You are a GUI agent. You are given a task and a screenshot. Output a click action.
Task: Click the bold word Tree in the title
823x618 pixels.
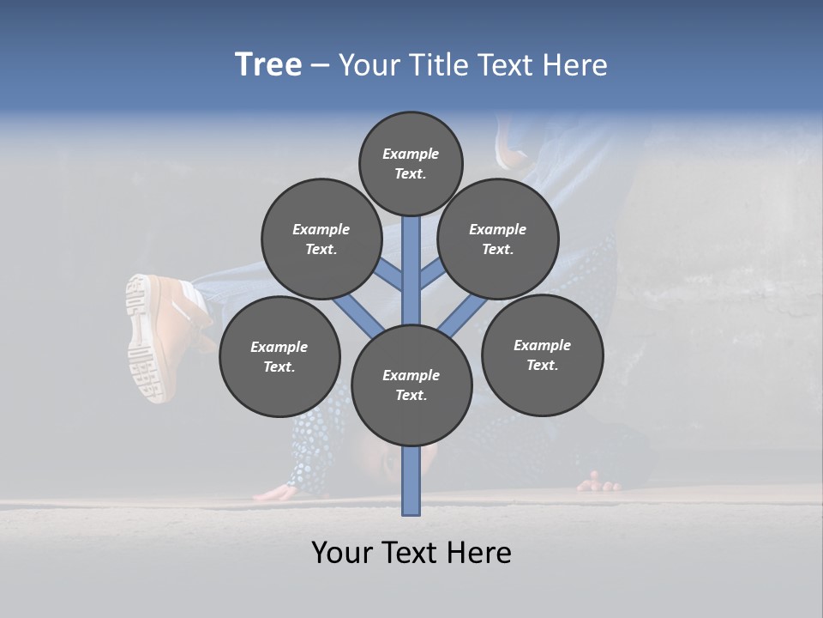pos(268,64)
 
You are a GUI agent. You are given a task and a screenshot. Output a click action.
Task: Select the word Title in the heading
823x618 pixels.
pos(436,64)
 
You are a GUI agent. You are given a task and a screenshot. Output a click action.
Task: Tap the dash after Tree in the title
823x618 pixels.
pos(320,65)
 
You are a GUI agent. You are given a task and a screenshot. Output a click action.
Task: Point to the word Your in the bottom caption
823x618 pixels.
pos(342,552)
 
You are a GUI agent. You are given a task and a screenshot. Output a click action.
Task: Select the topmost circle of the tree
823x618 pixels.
pos(411,163)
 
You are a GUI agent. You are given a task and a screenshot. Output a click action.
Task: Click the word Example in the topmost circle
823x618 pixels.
pos(411,154)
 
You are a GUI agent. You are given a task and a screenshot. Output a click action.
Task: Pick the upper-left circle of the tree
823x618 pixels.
pos(321,239)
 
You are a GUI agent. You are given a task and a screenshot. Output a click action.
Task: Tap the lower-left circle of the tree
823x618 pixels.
pos(279,356)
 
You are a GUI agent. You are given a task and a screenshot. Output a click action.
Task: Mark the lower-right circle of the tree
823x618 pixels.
pos(542,354)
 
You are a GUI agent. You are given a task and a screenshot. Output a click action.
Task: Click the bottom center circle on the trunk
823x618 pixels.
pos(411,385)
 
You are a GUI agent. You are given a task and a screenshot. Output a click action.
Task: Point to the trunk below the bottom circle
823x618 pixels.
pos(411,481)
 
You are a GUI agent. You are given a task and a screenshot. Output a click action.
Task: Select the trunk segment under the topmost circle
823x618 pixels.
pos(411,266)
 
